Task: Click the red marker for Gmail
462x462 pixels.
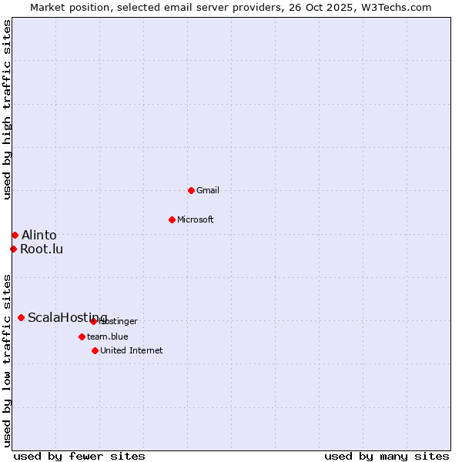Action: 191,190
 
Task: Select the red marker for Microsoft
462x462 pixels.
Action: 172,219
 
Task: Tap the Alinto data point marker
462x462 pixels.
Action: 15,235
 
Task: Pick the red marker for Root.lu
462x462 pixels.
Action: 13,249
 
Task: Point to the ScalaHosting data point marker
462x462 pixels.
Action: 21,317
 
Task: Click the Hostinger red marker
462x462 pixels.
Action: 93,321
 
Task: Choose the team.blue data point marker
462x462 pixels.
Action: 82,336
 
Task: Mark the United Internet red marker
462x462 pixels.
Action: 95,350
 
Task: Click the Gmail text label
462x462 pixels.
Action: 208,190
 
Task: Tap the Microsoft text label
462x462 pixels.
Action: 196,219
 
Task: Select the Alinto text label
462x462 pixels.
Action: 38,235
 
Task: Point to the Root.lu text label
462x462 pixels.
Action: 42,249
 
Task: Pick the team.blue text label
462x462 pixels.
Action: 108,336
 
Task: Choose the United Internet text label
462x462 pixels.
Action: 132,350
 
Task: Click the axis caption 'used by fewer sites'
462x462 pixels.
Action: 79,456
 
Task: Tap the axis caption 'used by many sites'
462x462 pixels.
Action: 387,456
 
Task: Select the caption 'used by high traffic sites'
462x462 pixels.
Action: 8,109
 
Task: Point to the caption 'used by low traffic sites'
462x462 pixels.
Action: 8,360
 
